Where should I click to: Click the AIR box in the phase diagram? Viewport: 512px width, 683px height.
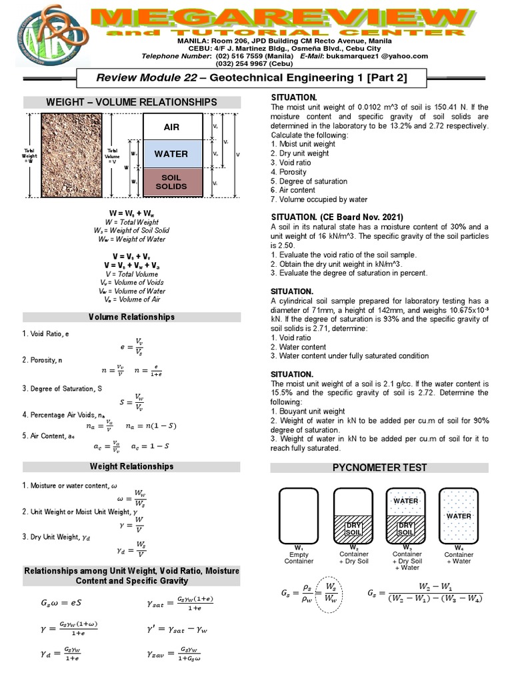pos(171,127)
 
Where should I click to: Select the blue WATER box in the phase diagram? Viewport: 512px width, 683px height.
pos(171,154)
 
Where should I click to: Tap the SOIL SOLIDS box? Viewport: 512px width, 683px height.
pos(171,182)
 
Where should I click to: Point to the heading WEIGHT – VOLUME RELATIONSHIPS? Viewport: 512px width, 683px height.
pos(131,102)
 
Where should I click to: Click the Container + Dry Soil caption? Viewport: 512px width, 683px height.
pos(353,558)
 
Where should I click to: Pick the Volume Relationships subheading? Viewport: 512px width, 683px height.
pos(131,317)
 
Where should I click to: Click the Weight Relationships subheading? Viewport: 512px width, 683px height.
pos(131,466)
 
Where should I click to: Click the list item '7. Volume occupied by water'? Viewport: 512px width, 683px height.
pos(319,199)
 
